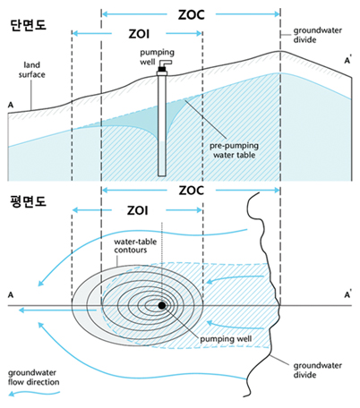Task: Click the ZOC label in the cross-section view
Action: (x=192, y=15)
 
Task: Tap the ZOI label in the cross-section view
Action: (x=139, y=34)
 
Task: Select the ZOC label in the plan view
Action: (x=192, y=191)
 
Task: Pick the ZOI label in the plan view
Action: (x=138, y=210)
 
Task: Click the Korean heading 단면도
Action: (x=28, y=25)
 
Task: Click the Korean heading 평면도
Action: (x=28, y=201)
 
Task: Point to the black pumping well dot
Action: (x=162, y=305)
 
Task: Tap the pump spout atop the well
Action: (x=165, y=64)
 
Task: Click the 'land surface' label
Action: (x=31, y=70)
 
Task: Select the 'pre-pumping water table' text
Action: (x=234, y=150)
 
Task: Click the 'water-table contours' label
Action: (x=135, y=246)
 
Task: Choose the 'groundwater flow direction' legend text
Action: (x=33, y=378)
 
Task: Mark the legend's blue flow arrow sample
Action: (x=34, y=394)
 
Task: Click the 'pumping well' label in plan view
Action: (x=226, y=339)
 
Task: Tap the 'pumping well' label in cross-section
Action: (x=157, y=56)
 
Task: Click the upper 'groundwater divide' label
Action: (x=317, y=35)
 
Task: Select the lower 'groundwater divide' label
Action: (x=317, y=370)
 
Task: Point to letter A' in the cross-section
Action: (x=347, y=61)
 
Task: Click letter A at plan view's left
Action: (x=11, y=295)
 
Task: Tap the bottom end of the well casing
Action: (x=162, y=175)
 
